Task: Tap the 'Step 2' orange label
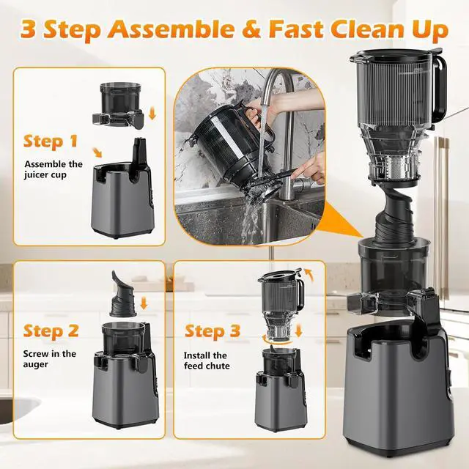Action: point(52,331)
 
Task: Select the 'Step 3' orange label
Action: point(213,331)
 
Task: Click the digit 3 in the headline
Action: point(31,31)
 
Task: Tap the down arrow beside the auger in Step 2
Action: point(144,302)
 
